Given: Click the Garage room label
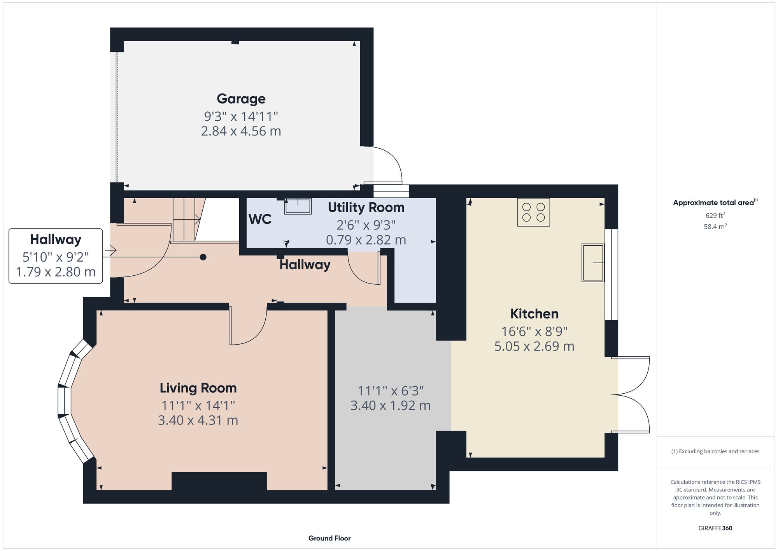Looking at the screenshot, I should click(241, 99).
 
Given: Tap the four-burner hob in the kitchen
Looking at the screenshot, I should click(533, 212).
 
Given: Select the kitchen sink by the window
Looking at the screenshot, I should click(592, 263).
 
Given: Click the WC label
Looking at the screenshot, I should click(260, 219).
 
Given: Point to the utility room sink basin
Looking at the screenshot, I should click(298, 206).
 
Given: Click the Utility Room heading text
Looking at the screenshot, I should click(366, 208).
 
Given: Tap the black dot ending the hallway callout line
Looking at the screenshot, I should click(203, 257).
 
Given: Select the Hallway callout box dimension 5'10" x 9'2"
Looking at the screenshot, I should click(56, 257).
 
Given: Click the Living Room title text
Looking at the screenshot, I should click(198, 388).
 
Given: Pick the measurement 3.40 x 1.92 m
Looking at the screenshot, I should click(390, 405).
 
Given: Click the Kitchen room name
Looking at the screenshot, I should click(534, 313).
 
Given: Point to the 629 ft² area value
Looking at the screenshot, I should click(715, 215).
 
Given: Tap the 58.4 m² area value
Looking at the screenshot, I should click(715, 226).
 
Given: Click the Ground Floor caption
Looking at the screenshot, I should click(329, 538).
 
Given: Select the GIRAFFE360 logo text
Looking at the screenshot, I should click(715, 528).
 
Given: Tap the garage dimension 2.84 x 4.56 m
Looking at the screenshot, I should click(241, 131).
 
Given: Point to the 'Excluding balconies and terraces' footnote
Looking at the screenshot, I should click(715, 451).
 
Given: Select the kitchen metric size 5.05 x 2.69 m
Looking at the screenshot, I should click(534, 346).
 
